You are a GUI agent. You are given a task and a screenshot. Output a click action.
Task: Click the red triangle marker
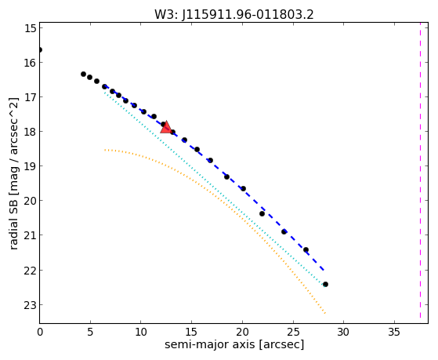(166, 127)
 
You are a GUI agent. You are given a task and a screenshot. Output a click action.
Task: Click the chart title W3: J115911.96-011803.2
(234, 15)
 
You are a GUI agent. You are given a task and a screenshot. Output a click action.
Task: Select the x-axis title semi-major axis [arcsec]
(234, 344)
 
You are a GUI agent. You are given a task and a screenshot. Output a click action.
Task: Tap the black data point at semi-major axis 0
(40, 49)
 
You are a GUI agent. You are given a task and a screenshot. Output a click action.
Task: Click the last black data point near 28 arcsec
(325, 284)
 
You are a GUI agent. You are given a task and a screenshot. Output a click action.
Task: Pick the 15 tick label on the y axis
(31, 28)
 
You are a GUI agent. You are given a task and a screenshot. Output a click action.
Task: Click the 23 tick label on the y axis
(31, 305)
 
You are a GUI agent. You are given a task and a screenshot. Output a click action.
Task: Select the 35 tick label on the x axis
(394, 332)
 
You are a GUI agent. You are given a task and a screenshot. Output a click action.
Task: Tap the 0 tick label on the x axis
(40, 332)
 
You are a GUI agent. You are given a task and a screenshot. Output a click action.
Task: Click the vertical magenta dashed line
(420, 170)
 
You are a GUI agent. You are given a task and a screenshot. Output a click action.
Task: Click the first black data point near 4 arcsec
(83, 75)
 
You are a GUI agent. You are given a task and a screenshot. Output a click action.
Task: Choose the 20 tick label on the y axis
(31, 201)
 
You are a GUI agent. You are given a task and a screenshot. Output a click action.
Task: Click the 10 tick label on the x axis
(141, 332)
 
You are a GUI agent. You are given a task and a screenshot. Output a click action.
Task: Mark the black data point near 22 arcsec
(262, 213)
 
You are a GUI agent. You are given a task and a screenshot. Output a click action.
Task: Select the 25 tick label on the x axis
(293, 332)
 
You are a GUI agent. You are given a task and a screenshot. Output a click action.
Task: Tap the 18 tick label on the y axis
(31, 132)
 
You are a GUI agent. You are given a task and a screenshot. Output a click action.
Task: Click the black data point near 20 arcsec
(244, 188)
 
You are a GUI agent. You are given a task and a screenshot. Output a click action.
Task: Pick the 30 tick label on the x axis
(344, 332)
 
